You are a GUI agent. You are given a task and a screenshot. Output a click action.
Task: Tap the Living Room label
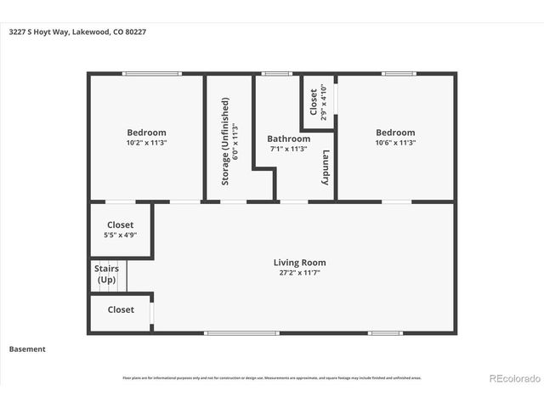pyautogui.click(x=299, y=263)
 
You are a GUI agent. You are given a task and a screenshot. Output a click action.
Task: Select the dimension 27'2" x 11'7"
pyautogui.click(x=299, y=273)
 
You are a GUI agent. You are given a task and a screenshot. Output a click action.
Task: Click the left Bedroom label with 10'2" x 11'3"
pyautogui.click(x=146, y=133)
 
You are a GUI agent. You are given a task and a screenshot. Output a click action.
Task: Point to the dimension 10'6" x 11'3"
pyautogui.click(x=395, y=143)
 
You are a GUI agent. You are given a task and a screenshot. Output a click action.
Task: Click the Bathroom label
pyautogui.click(x=288, y=139)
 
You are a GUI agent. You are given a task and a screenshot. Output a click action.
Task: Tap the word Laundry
pyautogui.click(x=326, y=167)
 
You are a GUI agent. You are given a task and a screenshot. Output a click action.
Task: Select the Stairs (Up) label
pyautogui.click(x=106, y=275)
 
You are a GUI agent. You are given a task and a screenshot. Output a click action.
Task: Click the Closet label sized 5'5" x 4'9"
pyautogui.click(x=120, y=225)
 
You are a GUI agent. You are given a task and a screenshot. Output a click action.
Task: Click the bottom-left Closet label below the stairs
pyautogui.click(x=120, y=310)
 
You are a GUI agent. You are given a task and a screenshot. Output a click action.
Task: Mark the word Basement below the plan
pyautogui.click(x=27, y=349)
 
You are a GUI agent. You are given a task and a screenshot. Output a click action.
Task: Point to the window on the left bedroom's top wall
pyautogui.click(x=150, y=74)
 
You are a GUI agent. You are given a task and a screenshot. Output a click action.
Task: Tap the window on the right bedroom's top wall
pyautogui.click(x=398, y=74)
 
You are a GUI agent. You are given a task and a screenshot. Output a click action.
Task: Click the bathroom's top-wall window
pyautogui.click(x=276, y=74)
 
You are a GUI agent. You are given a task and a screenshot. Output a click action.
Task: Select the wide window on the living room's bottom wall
pyautogui.click(x=241, y=332)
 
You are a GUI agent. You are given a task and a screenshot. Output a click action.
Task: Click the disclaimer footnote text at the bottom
pyautogui.click(x=272, y=378)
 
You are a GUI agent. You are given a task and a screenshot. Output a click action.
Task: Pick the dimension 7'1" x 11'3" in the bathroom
pyautogui.click(x=288, y=149)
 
